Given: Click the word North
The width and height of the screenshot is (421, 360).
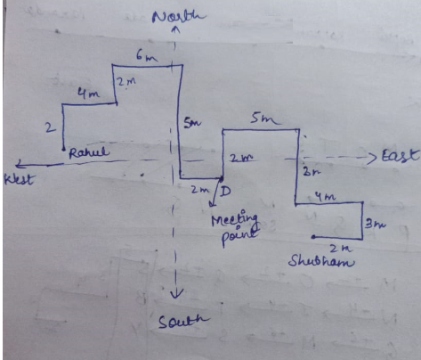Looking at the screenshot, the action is click(179, 16).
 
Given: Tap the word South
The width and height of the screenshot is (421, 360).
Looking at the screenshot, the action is click(183, 321).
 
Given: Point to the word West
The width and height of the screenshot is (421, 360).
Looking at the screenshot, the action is click(19, 179).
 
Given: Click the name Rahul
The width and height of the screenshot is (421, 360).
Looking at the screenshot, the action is click(89, 152).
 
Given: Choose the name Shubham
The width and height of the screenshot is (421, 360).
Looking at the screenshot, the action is click(321, 261).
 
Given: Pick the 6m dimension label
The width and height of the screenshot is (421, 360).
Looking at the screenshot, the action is click(147, 56).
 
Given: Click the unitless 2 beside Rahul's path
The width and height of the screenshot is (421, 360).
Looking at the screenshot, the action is click(50, 127).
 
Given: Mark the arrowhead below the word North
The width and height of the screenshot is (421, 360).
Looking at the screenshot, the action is click(176, 29).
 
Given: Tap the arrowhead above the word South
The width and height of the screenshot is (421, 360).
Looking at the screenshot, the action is click(177, 293).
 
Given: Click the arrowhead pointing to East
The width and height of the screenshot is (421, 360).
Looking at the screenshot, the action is click(372, 158).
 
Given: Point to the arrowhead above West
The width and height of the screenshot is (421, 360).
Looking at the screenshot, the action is click(20, 163).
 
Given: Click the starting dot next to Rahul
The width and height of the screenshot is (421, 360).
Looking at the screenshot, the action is click(63, 150).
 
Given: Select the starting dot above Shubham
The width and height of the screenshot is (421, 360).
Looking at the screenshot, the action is click(313, 237).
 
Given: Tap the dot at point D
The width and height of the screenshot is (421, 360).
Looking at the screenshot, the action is click(222, 179).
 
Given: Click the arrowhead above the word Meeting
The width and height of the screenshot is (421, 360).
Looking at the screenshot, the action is click(212, 204).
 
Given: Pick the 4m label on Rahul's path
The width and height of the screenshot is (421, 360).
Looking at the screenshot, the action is click(88, 94).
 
